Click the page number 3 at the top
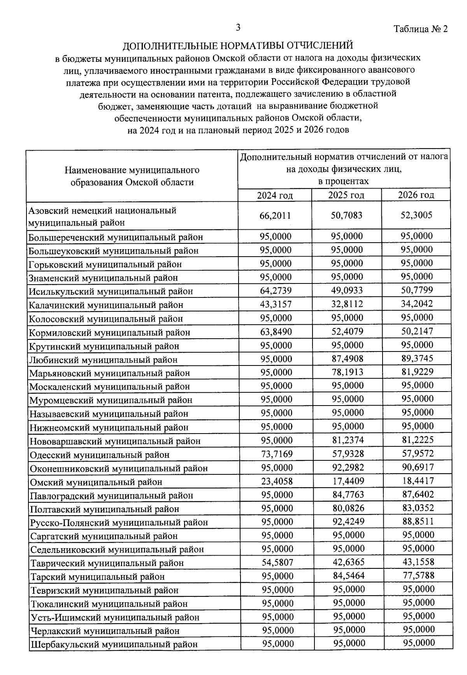point(238,28)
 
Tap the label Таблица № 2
point(421,29)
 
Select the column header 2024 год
point(275,195)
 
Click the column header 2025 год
point(346,195)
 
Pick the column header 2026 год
point(416,195)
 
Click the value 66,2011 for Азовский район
point(275,215)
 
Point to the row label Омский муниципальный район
point(96,482)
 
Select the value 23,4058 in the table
point(277,481)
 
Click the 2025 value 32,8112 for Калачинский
point(347,304)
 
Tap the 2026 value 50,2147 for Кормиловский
point(417,331)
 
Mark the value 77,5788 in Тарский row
point(418,575)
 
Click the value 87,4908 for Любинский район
point(347,358)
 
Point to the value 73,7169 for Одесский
point(277,454)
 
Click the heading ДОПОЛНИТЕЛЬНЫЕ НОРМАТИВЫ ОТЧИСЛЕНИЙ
point(238,46)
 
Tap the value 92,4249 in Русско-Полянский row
point(348,521)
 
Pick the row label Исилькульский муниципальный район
point(111,291)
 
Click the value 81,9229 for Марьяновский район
point(418,372)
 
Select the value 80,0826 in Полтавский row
point(348,508)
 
